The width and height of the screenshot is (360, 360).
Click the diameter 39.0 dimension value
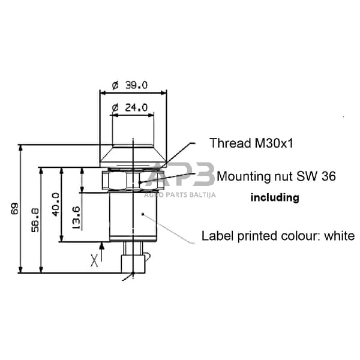[130, 85]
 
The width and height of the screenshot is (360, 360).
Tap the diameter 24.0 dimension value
[130, 107]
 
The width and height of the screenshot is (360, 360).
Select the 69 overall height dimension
[14, 208]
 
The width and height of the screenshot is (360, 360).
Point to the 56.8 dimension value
[35, 220]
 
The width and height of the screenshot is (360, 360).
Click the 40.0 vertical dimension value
[55, 205]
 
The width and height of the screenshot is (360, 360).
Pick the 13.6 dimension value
[76, 218]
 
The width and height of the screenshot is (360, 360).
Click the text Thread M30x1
[251, 143]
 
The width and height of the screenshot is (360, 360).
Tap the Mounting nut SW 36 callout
[276, 176]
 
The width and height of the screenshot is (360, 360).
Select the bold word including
[275, 197]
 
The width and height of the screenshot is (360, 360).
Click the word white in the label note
[340, 236]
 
